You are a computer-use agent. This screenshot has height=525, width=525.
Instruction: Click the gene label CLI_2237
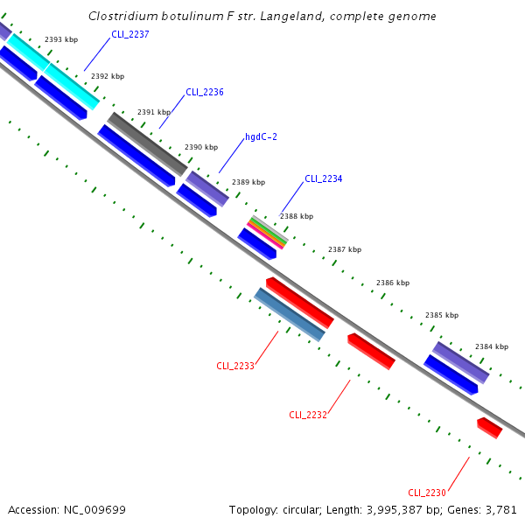(x=130, y=34)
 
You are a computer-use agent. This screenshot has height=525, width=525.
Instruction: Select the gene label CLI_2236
(x=205, y=92)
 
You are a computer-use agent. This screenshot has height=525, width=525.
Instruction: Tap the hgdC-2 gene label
(x=261, y=136)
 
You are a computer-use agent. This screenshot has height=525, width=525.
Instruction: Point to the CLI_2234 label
(x=323, y=178)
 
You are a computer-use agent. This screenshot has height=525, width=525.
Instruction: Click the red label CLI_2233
(x=235, y=366)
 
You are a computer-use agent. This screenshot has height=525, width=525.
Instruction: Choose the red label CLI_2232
(x=308, y=415)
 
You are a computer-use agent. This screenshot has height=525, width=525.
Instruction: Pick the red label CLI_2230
(x=427, y=493)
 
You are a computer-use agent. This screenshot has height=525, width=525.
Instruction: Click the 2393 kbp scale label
(x=61, y=39)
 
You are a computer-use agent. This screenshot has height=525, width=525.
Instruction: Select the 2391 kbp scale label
(x=154, y=112)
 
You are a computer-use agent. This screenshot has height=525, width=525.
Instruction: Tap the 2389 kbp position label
(x=248, y=182)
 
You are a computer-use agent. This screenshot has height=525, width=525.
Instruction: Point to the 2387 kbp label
(x=345, y=249)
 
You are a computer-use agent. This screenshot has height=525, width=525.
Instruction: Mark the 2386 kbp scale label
(x=393, y=283)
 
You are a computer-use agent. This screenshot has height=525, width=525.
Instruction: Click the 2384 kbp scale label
(x=492, y=346)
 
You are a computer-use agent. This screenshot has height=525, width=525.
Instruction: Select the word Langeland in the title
(x=308, y=17)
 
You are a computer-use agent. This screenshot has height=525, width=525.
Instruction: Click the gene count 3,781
(x=501, y=509)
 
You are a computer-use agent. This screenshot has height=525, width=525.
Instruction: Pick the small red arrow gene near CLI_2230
(x=489, y=428)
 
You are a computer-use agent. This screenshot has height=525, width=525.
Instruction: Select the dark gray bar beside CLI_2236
(x=147, y=143)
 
